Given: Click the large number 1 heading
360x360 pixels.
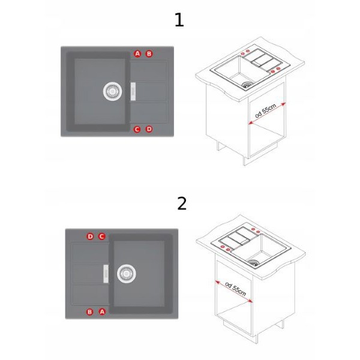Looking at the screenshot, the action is [179, 20].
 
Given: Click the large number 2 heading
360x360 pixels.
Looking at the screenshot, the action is [182, 203].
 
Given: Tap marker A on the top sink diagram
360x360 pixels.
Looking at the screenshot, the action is [137, 54].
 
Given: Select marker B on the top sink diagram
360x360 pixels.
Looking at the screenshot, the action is [149, 54].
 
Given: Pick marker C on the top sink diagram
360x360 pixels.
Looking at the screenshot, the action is [137, 130].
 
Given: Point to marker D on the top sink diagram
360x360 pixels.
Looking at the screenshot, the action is [149, 129].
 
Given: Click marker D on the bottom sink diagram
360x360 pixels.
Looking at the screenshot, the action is [90, 236].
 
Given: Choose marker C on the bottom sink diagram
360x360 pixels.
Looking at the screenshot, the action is [102, 236].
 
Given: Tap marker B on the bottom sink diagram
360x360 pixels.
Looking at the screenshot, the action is [90, 312].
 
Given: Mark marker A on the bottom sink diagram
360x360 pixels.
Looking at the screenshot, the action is [102, 312].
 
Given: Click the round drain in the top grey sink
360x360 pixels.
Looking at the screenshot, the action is [112, 91].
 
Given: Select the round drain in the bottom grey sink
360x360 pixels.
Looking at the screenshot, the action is [126, 274].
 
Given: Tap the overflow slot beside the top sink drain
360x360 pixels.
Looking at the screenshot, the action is [133, 92].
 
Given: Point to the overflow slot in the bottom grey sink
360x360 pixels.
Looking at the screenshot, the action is [106, 274].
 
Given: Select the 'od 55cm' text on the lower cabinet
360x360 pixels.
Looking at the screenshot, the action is [236, 289].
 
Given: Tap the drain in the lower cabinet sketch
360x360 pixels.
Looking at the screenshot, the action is [253, 263].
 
